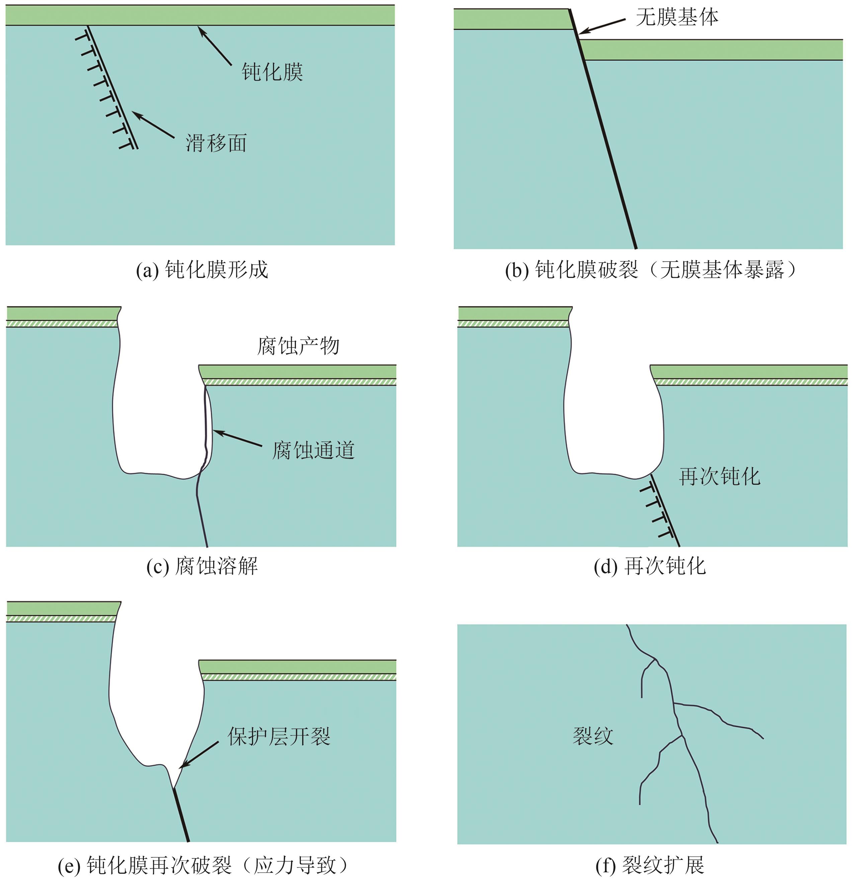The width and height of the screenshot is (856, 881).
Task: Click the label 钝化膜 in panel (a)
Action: click(x=272, y=72)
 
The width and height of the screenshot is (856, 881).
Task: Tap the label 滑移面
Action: click(x=216, y=143)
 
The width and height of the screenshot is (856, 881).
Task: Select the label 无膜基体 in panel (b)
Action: click(x=677, y=17)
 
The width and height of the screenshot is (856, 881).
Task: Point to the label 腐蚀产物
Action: click(x=298, y=346)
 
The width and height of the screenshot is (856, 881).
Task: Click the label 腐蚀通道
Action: click(x=313, y=450)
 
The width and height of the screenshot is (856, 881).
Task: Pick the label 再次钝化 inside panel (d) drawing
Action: click(x=719, y=476)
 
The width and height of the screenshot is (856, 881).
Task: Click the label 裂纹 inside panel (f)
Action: click(x=593, y=736)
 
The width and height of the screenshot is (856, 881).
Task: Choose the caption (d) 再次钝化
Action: click(x=650, y=566)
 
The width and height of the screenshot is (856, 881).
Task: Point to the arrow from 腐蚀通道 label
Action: click(x=237, y=438)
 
